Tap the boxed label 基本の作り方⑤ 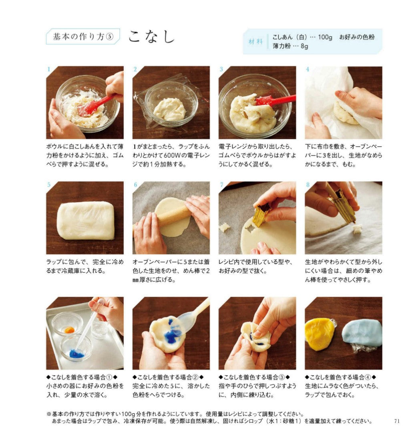(x=83, y=36)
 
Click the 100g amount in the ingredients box (x=325, y=37)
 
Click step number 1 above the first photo (x=49, y=69)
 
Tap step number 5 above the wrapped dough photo (x=49, y=185)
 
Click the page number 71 (x=397, y=421)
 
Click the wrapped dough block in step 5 (x=85, y=220)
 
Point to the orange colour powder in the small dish (x=69, y=330)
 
